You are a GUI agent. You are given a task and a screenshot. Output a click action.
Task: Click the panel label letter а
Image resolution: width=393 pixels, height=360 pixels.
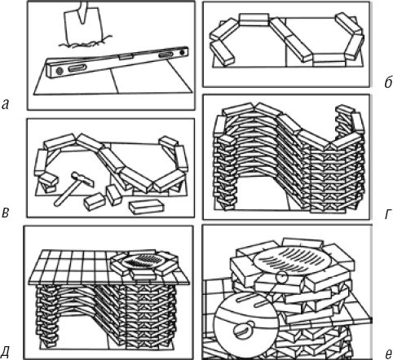click(6, 104)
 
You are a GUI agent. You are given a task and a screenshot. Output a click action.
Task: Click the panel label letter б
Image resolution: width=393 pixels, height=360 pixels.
click(387, 81)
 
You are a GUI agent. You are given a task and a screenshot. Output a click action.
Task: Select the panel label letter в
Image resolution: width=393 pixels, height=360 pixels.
click(6, 213)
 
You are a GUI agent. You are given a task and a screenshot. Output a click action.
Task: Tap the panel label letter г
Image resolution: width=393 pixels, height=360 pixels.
click(387, 214)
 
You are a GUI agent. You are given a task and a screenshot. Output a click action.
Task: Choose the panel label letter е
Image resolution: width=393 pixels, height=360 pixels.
click(388, 354)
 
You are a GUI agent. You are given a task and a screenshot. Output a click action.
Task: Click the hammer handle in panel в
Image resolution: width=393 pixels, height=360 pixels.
click(65, 195)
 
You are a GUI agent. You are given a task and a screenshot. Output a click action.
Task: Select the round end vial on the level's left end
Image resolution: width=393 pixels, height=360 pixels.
click(59, 72)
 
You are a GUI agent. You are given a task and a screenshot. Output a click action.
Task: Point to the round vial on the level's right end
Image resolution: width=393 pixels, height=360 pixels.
click(182, 51)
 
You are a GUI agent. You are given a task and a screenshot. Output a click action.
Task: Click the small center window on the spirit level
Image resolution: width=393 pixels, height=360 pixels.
click(126, 57)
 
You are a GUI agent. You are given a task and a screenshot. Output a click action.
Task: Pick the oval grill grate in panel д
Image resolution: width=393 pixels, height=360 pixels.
click(144, 260)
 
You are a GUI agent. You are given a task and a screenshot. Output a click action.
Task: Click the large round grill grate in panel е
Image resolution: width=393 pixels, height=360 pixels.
click(292, 258)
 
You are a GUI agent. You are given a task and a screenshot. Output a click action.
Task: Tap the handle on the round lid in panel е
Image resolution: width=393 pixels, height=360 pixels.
click(244, 330)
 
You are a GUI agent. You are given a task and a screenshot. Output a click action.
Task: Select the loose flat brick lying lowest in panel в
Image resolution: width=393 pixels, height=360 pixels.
click(147, 207)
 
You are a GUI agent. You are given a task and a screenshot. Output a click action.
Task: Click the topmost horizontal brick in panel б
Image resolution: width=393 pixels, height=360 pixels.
click(254, 20)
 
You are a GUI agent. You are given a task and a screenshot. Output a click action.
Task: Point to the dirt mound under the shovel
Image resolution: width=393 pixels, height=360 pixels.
click(83, 43)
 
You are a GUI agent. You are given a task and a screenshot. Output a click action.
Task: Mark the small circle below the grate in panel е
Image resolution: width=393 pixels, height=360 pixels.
click(281, 277)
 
